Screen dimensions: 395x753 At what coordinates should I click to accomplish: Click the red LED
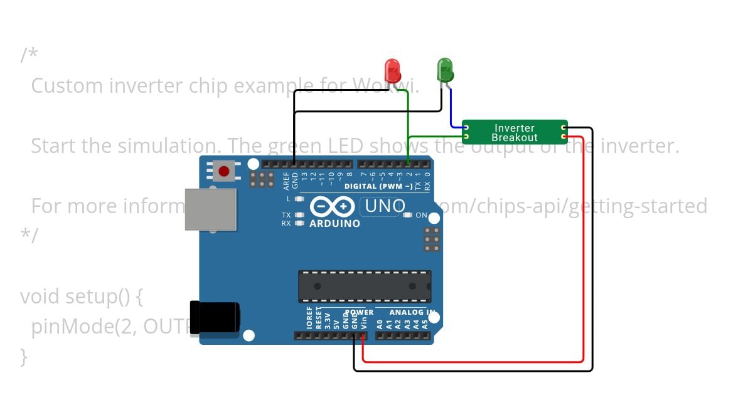(392, 69)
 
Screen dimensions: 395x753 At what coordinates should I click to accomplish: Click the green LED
(445, 70)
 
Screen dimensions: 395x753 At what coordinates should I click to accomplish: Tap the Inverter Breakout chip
(515, 132)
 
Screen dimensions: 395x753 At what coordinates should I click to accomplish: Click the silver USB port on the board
(210, 209)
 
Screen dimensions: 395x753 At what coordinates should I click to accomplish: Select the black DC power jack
(214, 317)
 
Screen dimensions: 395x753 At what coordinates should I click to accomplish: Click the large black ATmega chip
(364, 286)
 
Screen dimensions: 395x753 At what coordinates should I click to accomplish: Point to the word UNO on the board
(385, 206)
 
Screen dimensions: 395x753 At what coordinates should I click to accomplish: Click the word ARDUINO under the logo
(334, 223)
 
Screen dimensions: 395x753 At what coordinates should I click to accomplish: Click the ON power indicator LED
(408, 215)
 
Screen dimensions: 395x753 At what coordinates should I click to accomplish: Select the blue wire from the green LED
(451, 110)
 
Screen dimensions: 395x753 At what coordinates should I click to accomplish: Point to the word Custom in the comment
(67, 85)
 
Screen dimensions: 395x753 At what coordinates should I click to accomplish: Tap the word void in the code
(41, 296)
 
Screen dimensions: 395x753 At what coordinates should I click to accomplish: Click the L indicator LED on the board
(299, 199)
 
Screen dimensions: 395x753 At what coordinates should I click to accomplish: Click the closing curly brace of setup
(24, 357)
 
